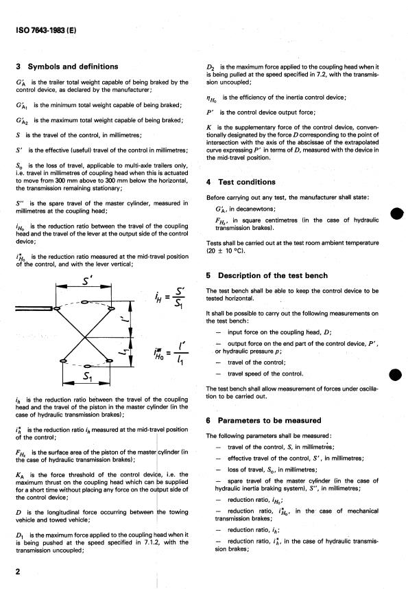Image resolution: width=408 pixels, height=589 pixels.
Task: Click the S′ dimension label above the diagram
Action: pyautogui.click(x=86, y=283)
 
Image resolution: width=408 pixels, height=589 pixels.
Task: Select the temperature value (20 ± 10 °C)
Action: pyautogui.click(x=231, y=252)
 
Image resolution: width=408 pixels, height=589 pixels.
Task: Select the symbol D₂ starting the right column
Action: pyautogui.click(x=211, y=66)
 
